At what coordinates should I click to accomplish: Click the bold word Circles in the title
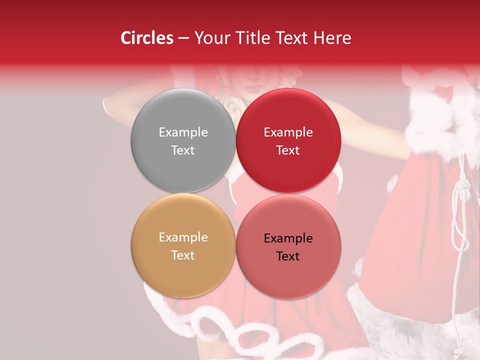(x=147, y=37)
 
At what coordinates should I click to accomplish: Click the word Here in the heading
(x=332, y=37)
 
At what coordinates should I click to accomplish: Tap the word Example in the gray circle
(x=183, y=132)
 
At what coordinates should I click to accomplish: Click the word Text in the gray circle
(x=183, y=150)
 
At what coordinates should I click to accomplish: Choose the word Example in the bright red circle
(x=288, y=132)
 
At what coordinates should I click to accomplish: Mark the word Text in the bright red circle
(x=288, y=150)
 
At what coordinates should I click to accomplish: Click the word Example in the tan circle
(x=183, y=237)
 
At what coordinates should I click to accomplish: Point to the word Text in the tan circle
(x=183, y=255)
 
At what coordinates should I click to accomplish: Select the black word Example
(x=288, y=238)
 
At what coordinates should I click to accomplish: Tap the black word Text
(x=288, y=256)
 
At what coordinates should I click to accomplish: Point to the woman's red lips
(x=254, y=87)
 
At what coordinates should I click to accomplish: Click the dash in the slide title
(x=183, y=38)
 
